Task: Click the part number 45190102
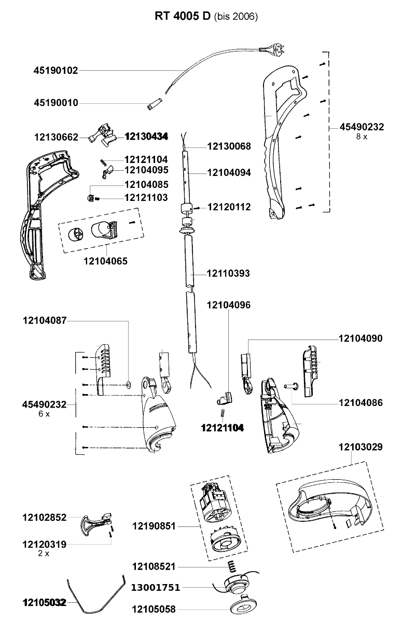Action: pos(56,71)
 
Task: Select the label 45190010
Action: pos(56,103)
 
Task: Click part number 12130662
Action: pos(57,138)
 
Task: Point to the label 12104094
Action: pos(229,173)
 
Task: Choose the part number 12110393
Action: pos(228,274)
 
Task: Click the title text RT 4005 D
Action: pos(183,17)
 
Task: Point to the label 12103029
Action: pos(361,447)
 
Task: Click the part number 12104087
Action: pos(45,321)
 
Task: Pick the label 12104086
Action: pos(361,403)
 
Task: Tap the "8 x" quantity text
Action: pos(362,137)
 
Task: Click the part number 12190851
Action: pos(154,526)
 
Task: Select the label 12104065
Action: pos(106,261)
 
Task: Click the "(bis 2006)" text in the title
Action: pos(236,17)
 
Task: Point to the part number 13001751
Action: pos(156,588)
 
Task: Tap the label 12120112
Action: pos(229,207)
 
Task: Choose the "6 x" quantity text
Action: pos(44,414)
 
